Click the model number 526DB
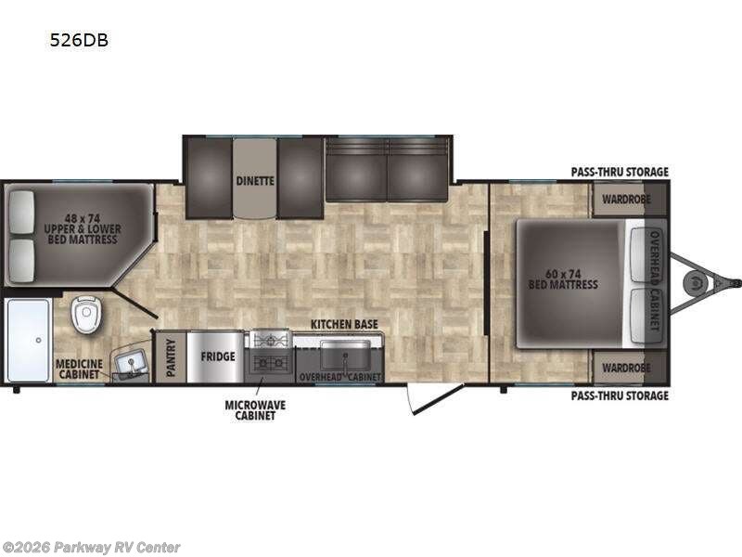(x=79, y=40)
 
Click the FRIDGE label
(x=218, y=356)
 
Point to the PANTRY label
(x=171, y=357)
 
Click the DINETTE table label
(x=255, y=181)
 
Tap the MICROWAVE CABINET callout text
(x=255, y=410)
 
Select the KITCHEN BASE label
(x=344, y=324)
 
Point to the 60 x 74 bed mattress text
(x=563, y=279)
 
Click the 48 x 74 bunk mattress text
(x=83, y=229)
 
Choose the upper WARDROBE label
(x=626, y=200)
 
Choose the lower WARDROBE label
(x=626, y=368)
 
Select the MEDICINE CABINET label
(x=79, y=369)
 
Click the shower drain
(x=38, y=340)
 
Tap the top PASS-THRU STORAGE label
(x=620, y=172)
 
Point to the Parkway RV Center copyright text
(x=90, y=548)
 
